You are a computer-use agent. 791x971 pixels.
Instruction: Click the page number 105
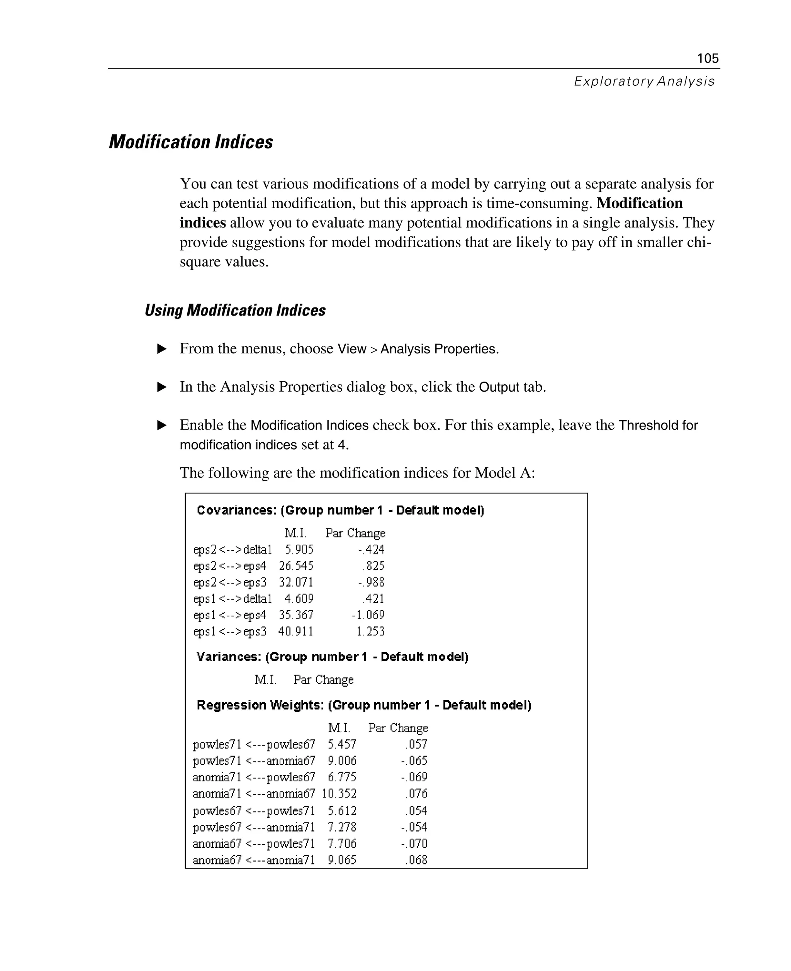point(708,58)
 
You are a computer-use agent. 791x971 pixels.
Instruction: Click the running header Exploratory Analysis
point(644,81)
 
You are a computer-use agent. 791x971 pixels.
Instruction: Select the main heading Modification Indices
point(191,142)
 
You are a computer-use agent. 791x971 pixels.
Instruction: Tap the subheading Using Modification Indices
point(235,310)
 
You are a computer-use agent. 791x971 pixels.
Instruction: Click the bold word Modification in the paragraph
point(639,203)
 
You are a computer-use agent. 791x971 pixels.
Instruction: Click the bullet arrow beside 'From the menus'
point(162,349)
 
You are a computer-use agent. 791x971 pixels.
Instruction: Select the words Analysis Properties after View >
point(439,349)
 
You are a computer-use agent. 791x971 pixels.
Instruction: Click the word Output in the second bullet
point(499,387)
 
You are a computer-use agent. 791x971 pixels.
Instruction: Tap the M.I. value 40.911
point(296,631)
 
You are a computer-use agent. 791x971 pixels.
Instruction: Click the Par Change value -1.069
point(368,615)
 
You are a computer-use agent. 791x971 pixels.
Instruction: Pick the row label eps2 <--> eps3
point(230,582)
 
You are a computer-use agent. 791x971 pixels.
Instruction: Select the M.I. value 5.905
point(299,550)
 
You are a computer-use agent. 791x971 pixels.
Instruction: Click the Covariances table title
point(340,510)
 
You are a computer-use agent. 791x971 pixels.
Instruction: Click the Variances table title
point(332,657)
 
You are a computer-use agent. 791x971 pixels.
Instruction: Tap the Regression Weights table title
point(363,705)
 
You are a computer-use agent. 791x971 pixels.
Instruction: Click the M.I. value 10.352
point(339,794)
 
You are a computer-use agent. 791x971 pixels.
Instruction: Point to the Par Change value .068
point(416,860)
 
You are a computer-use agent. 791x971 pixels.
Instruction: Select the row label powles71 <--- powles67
point(254,745)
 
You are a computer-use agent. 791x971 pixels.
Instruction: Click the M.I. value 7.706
point(342,844)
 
